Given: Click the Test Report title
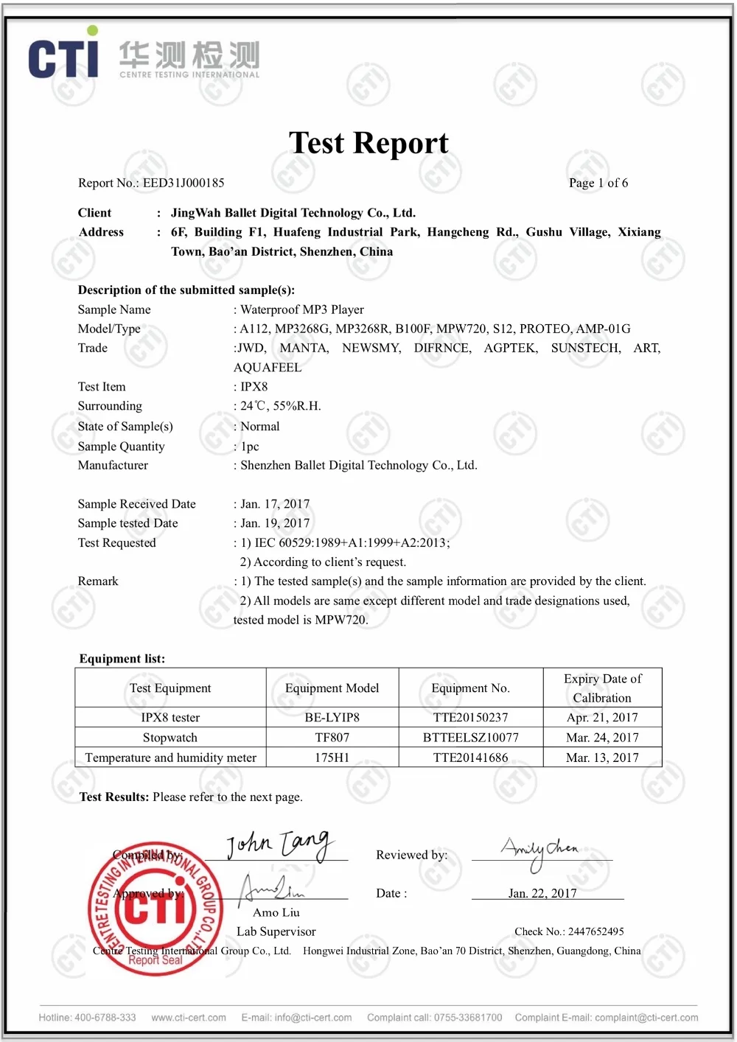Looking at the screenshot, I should click(x=368, y=143).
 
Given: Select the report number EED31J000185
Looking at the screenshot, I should click(x=184, y=183).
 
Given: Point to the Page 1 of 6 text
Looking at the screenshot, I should click(x=598, y=183).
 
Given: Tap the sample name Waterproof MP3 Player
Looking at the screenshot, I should click(x=302, y=310).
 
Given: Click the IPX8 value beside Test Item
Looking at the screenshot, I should click(x=254, y=386).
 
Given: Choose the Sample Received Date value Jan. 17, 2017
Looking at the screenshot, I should click(x=275, y=504).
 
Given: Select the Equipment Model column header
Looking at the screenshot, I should click(x=332, y=688).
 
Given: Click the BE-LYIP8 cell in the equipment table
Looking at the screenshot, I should click(x=332, y=717).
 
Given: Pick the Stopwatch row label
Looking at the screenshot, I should click(x=170, y=737).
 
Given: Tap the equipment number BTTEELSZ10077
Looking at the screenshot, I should click(x=470, y=737).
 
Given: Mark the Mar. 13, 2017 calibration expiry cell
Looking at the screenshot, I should click(x=602, y=758).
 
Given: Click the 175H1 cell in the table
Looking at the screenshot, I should click(x=332, y=758).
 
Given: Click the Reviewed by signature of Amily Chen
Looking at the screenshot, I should click(x=541, y=851).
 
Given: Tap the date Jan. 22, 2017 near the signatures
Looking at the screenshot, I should click(x=542, y=893).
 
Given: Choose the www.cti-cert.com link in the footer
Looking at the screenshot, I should click(x=189, y=1018).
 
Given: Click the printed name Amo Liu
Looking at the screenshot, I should click(x=276, y=912).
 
